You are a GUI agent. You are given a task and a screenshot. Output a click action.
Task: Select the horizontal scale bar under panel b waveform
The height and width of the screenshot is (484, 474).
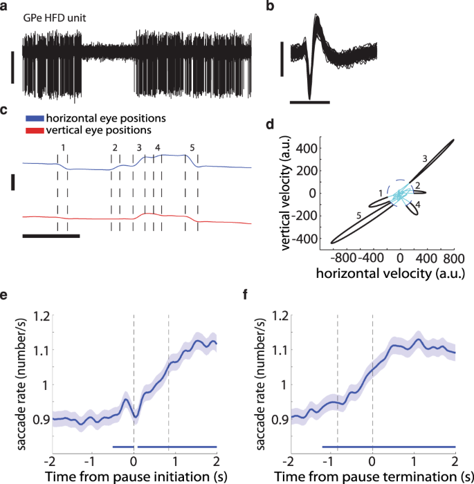309,102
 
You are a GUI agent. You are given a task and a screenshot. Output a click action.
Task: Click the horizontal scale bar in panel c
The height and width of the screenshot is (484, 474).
51,236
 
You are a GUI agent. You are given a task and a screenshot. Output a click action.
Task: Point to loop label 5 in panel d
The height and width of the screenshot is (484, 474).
358,216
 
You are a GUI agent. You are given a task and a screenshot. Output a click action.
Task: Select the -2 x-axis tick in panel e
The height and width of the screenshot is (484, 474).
50,461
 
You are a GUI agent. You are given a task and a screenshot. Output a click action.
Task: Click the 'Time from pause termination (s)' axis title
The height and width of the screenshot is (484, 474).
372,476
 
